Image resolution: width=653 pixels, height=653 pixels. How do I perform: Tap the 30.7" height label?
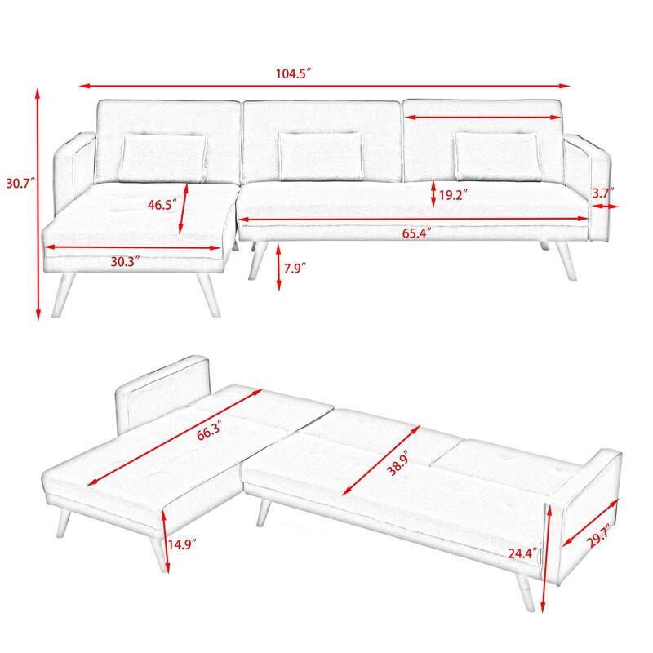click(x=18, y=184)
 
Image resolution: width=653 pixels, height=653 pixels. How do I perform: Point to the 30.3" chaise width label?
click(x=125, y=261)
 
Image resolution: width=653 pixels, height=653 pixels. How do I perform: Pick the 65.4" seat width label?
click(x=415, y=233)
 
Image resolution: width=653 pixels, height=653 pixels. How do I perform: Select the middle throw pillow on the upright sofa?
click(x=319, y=154)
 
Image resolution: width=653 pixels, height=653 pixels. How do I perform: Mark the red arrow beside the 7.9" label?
click(x=279, y=266)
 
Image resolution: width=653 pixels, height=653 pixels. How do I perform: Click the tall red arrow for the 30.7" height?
click(x=38, y=204)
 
